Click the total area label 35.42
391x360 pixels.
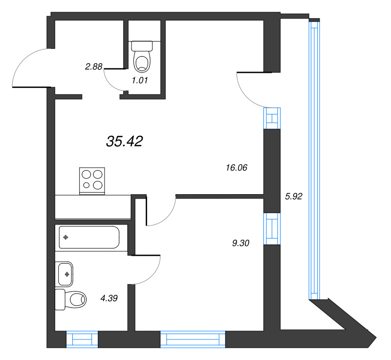point(124,142)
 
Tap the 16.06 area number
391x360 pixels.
point(237,168)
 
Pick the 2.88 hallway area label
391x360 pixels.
point(93,67)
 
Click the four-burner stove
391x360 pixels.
point(92,180)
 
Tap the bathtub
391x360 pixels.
point(88,238)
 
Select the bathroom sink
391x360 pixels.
point(65,274)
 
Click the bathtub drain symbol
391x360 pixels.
point(65,238)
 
